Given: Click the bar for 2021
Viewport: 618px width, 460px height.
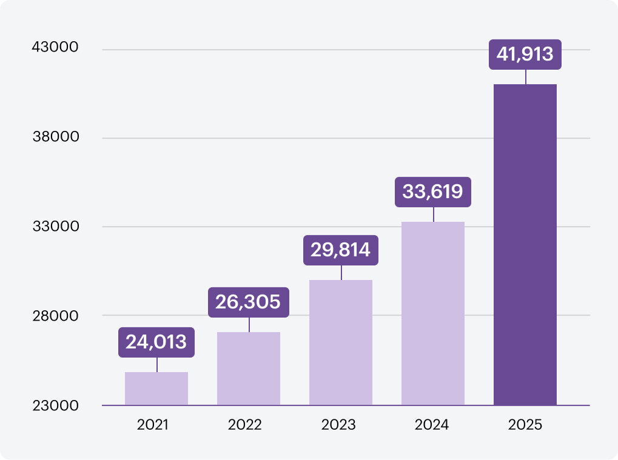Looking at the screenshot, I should click(156, 388).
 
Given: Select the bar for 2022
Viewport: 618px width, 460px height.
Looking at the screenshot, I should click(249, 368).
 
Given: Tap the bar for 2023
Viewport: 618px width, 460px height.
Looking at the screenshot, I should click(341, 342).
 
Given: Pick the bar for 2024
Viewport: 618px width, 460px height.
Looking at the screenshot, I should click(433, 313).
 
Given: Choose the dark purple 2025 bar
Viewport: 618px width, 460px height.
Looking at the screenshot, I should click(525, 244).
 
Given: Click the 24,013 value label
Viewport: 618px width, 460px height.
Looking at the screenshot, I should click(156, 342).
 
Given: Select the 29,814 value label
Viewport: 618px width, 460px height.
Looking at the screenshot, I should click(341, 250).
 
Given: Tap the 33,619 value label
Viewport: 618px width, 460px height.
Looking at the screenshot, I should click(433, 192).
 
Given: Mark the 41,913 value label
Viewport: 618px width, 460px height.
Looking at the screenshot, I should click(525, 55).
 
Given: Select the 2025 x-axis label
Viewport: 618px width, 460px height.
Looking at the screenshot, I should click(525, 424).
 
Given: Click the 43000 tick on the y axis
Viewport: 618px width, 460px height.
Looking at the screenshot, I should click(56, 47).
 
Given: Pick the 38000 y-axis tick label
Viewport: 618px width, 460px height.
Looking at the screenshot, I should click(56, 137).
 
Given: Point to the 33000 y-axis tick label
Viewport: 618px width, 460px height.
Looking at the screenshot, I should click(56, 227).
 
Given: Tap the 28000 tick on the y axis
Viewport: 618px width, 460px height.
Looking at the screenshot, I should click(56, 316).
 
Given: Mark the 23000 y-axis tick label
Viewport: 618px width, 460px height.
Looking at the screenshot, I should click(56, 405).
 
